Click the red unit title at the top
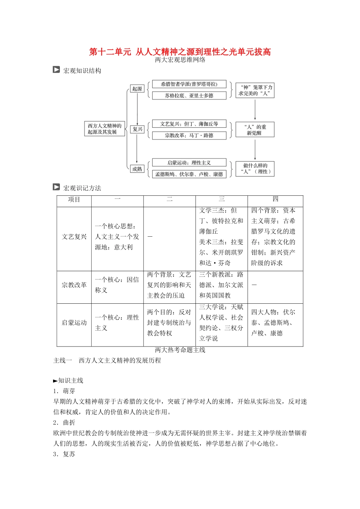tap(180, 52)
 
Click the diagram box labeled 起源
tap(137, 89)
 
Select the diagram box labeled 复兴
tap(137, 129)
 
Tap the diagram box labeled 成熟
tap(137, 169)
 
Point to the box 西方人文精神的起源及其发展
tap(105, 129)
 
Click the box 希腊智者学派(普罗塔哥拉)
tap(189, 84)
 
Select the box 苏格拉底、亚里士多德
tap(189, 95)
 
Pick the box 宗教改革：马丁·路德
tap(189, 135)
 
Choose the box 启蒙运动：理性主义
tap(189, 163)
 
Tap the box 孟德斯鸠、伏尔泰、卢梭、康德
tap(189, 174)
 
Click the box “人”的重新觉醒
tap(255, 130)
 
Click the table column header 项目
tap(74, 200)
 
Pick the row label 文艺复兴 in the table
tap(74, 237)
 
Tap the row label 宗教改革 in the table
tap(74, 285)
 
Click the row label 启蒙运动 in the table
tap(74, 323)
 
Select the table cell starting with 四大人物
tap(273, 323)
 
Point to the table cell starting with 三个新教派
tap(221, 285)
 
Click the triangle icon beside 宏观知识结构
tap(56, 70)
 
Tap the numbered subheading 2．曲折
tap(64, 422)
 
